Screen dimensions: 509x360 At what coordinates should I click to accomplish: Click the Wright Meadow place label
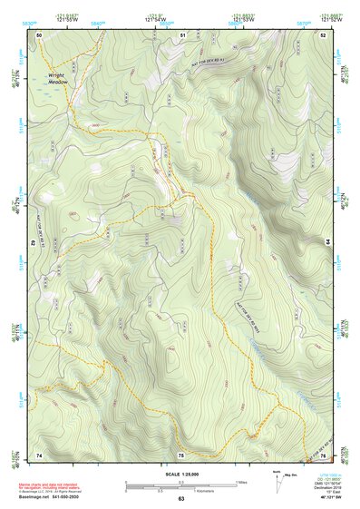click(58, 79)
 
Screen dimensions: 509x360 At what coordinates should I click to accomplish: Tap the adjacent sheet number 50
click(40, 34)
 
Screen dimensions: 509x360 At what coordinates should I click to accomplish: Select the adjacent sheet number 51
click(182, 34)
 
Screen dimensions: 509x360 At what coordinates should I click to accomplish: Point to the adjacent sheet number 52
click(322, 34)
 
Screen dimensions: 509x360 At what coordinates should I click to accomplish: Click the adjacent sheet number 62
click(34, 243)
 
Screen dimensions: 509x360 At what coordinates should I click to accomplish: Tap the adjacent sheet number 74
click(39, 454)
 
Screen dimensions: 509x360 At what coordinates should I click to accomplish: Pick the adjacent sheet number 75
click(180, 454)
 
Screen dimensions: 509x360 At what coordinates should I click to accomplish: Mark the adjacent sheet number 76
click(322, 454)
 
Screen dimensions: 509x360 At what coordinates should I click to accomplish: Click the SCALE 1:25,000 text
click(180, 475)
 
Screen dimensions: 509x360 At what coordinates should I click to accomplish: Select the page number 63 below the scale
click(180, 499)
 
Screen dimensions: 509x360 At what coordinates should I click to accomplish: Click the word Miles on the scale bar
click(240, 481)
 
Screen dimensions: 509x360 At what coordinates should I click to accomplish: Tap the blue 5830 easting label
click(31, 23)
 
